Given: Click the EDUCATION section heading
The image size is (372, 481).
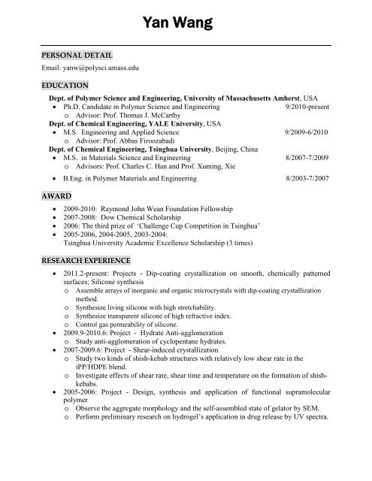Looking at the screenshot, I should (65, 85).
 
